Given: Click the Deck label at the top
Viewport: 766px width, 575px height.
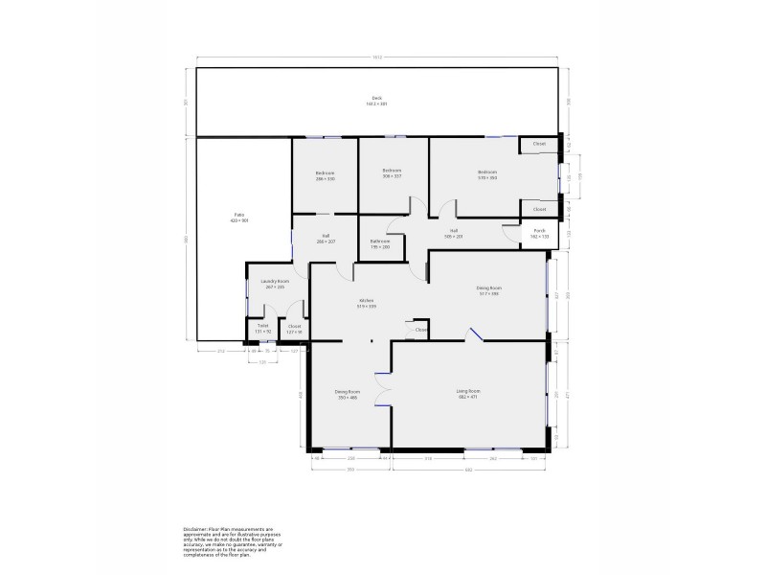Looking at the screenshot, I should click(x=376, y=101).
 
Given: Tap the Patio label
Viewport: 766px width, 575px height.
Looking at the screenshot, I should click(x=238, y=218).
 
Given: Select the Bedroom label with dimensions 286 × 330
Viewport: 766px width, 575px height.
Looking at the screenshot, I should click(x=325, y=175).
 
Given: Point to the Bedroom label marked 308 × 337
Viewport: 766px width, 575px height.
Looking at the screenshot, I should click(x=392, y=173).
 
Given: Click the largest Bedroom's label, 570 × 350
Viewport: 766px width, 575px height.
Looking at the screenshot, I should click(x=487, y=175).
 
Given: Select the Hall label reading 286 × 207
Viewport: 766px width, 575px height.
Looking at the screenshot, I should click(x=326, y=239).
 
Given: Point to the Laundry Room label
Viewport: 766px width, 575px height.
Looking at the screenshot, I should click(x=275, y=283).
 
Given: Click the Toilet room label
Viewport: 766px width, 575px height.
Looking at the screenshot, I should click(x=262, y=328).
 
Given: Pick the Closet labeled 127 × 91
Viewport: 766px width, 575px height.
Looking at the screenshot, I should click(x=294, y=328).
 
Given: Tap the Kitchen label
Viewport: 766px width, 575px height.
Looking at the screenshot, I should click(x=366, y=304).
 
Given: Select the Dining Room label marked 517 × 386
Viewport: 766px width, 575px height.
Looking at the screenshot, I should click(x=489, y=290).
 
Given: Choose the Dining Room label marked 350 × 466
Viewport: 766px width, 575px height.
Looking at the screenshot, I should click(x=347, y=394).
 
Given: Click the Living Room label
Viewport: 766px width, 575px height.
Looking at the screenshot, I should click(x=467, y=394).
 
